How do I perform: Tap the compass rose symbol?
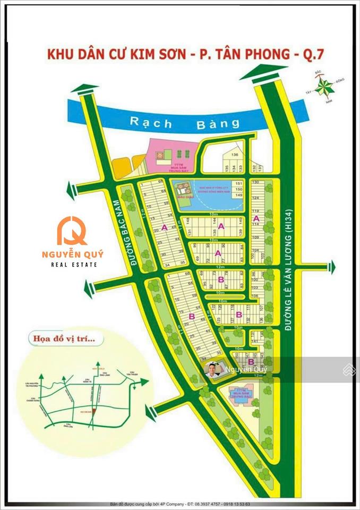(x=322, y=85)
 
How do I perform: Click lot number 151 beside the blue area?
(x=239, y=183)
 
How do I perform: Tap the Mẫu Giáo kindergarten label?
(x=183, y=199)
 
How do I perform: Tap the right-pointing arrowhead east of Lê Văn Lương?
(x=333, y=266)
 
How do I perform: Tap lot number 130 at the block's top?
(x=255, y=182)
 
